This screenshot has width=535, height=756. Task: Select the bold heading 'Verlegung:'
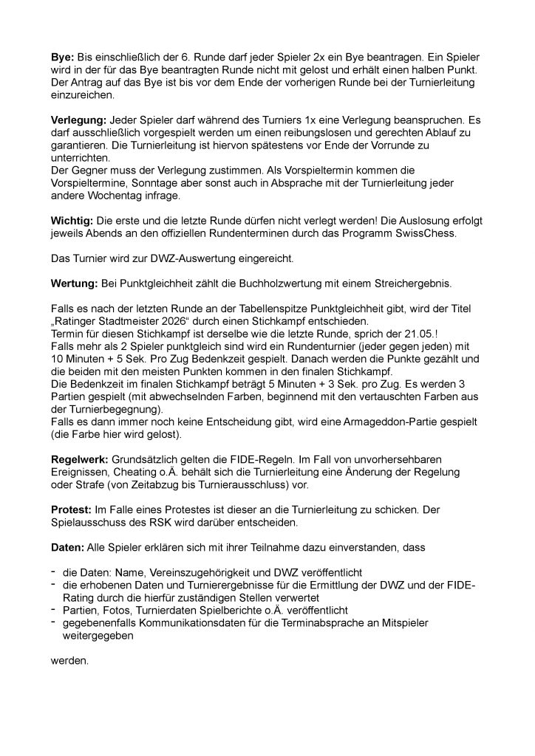(x=81, y=119)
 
